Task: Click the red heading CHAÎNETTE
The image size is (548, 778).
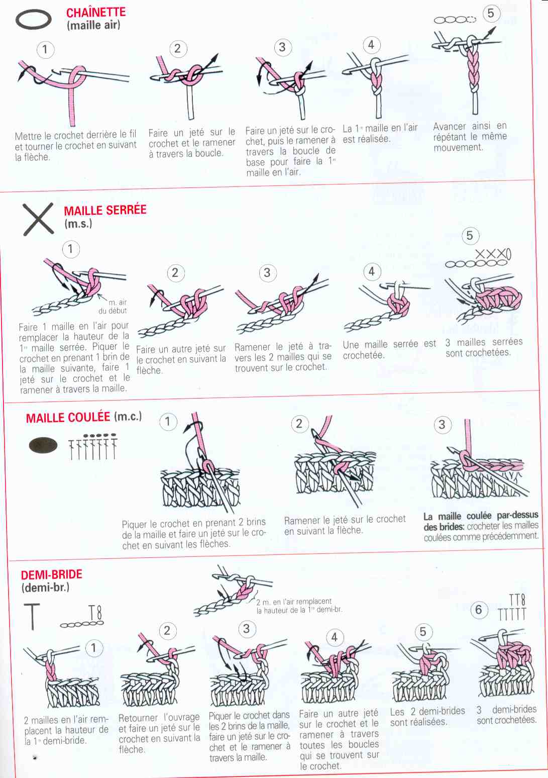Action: pos(96,12)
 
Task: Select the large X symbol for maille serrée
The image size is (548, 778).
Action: pos(38,219)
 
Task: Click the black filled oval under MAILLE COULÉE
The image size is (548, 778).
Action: pos(43,446)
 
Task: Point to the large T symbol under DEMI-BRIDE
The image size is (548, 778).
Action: pos(33,617)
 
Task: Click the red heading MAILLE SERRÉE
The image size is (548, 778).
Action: pos(105,210)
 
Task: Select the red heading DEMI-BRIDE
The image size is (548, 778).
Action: pos(52,574)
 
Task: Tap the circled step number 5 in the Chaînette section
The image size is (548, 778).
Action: pos(491,14)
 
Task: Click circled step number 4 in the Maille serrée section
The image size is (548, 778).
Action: pos(372,271)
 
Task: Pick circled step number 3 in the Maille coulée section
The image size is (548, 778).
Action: pos(442,424)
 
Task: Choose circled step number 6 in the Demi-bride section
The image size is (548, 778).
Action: pos(479,609)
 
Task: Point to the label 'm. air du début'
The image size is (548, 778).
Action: pos(114,307)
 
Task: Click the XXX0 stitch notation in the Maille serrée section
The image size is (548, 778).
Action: pos(493,255)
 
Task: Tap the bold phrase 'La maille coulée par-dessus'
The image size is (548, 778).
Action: pos(481,516)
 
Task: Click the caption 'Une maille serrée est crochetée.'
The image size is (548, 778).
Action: pos(389,349)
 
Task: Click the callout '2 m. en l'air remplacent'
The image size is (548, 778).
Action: pos(294,602)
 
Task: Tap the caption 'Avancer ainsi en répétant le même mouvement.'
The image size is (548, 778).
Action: pos(470,137)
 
